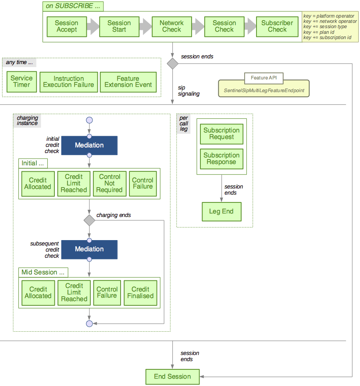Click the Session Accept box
click(x=66, y=26)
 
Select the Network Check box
click(x=171, y=26)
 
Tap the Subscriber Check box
click(x=277, y=26)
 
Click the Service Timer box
click(x=21, y=81)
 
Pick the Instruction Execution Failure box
click(x=68, y=81)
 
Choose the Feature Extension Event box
click(x=128, y=81)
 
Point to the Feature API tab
click(x=264, y=78)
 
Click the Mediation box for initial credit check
click(x=89, y=145)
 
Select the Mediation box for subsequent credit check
click(x=89, y=249)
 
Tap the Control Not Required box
click(x=110, y=183)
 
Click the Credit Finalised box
click(x=140, y=292)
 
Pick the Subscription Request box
click(x=221, y=134)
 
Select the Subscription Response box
click(x=221, y=159)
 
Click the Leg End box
click(x=221, y=212)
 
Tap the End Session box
click(x=172, y=376)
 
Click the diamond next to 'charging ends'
click(x=89, y=220)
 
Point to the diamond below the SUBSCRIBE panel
click(x=172, y=64)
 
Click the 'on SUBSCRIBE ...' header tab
click(x=73, y=7)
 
